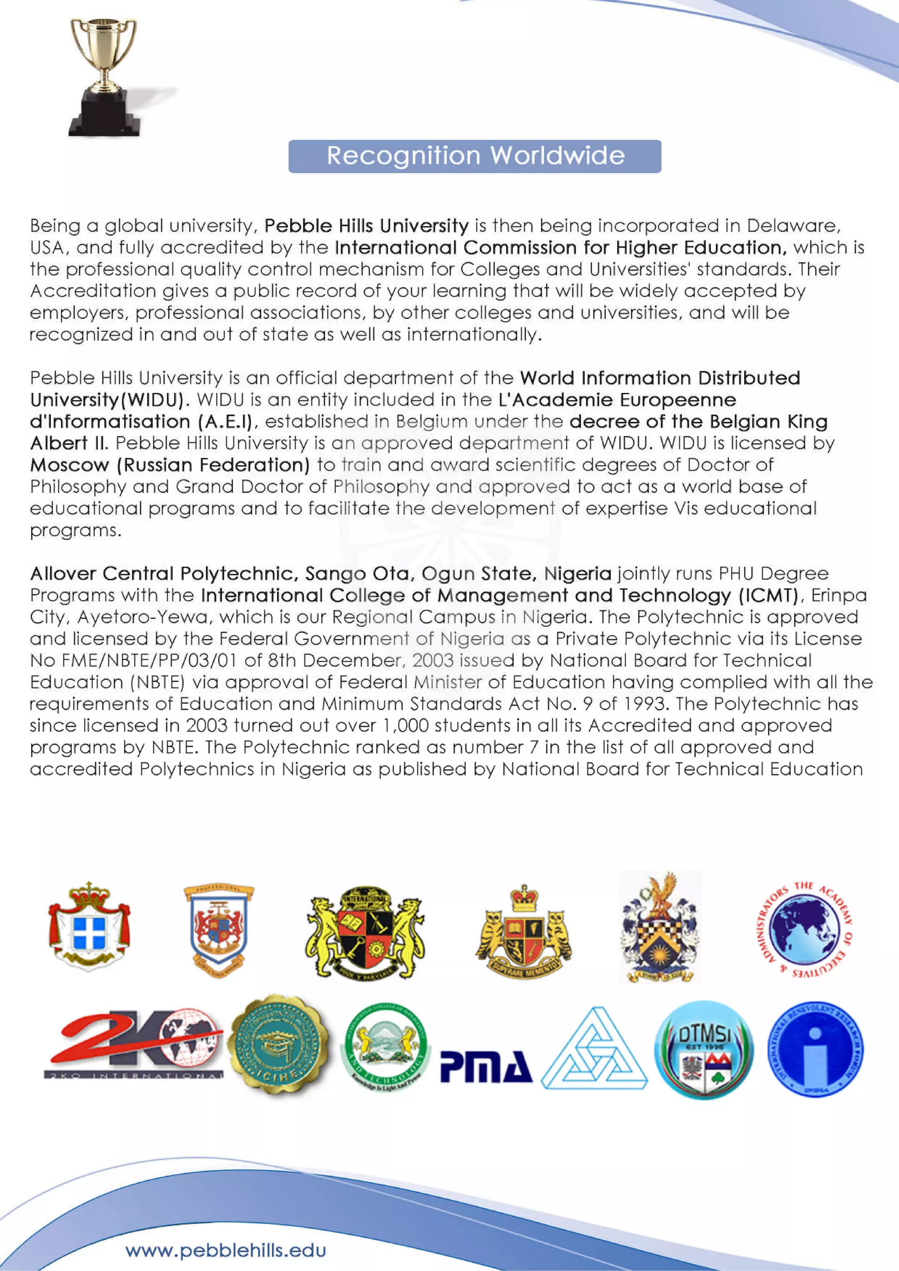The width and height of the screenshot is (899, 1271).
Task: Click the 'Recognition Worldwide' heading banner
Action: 475,156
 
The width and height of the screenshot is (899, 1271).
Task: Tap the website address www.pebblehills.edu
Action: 226,1250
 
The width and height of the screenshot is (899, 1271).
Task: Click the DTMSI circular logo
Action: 704,1050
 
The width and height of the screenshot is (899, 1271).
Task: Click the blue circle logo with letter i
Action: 815,1050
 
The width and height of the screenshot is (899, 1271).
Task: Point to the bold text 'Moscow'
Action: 69,465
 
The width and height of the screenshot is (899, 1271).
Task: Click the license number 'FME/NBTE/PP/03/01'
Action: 144,660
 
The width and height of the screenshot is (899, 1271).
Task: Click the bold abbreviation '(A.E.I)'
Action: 224,422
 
